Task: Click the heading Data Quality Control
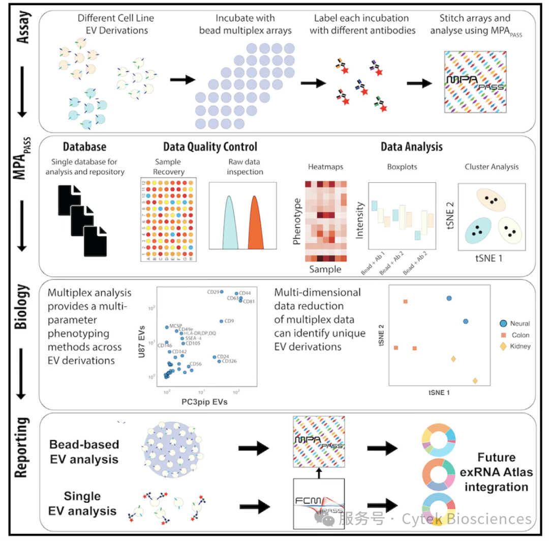(x=210, y=147)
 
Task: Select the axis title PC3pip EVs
(x=204, y=402)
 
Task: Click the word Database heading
(x=84, y=147)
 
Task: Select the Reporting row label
(x=21, y=447)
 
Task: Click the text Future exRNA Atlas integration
(x=496, y=472)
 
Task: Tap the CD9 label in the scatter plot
(x=229, y=321)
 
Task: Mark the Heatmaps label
(x=325, y=167)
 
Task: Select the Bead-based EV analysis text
(x=84, y=451)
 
